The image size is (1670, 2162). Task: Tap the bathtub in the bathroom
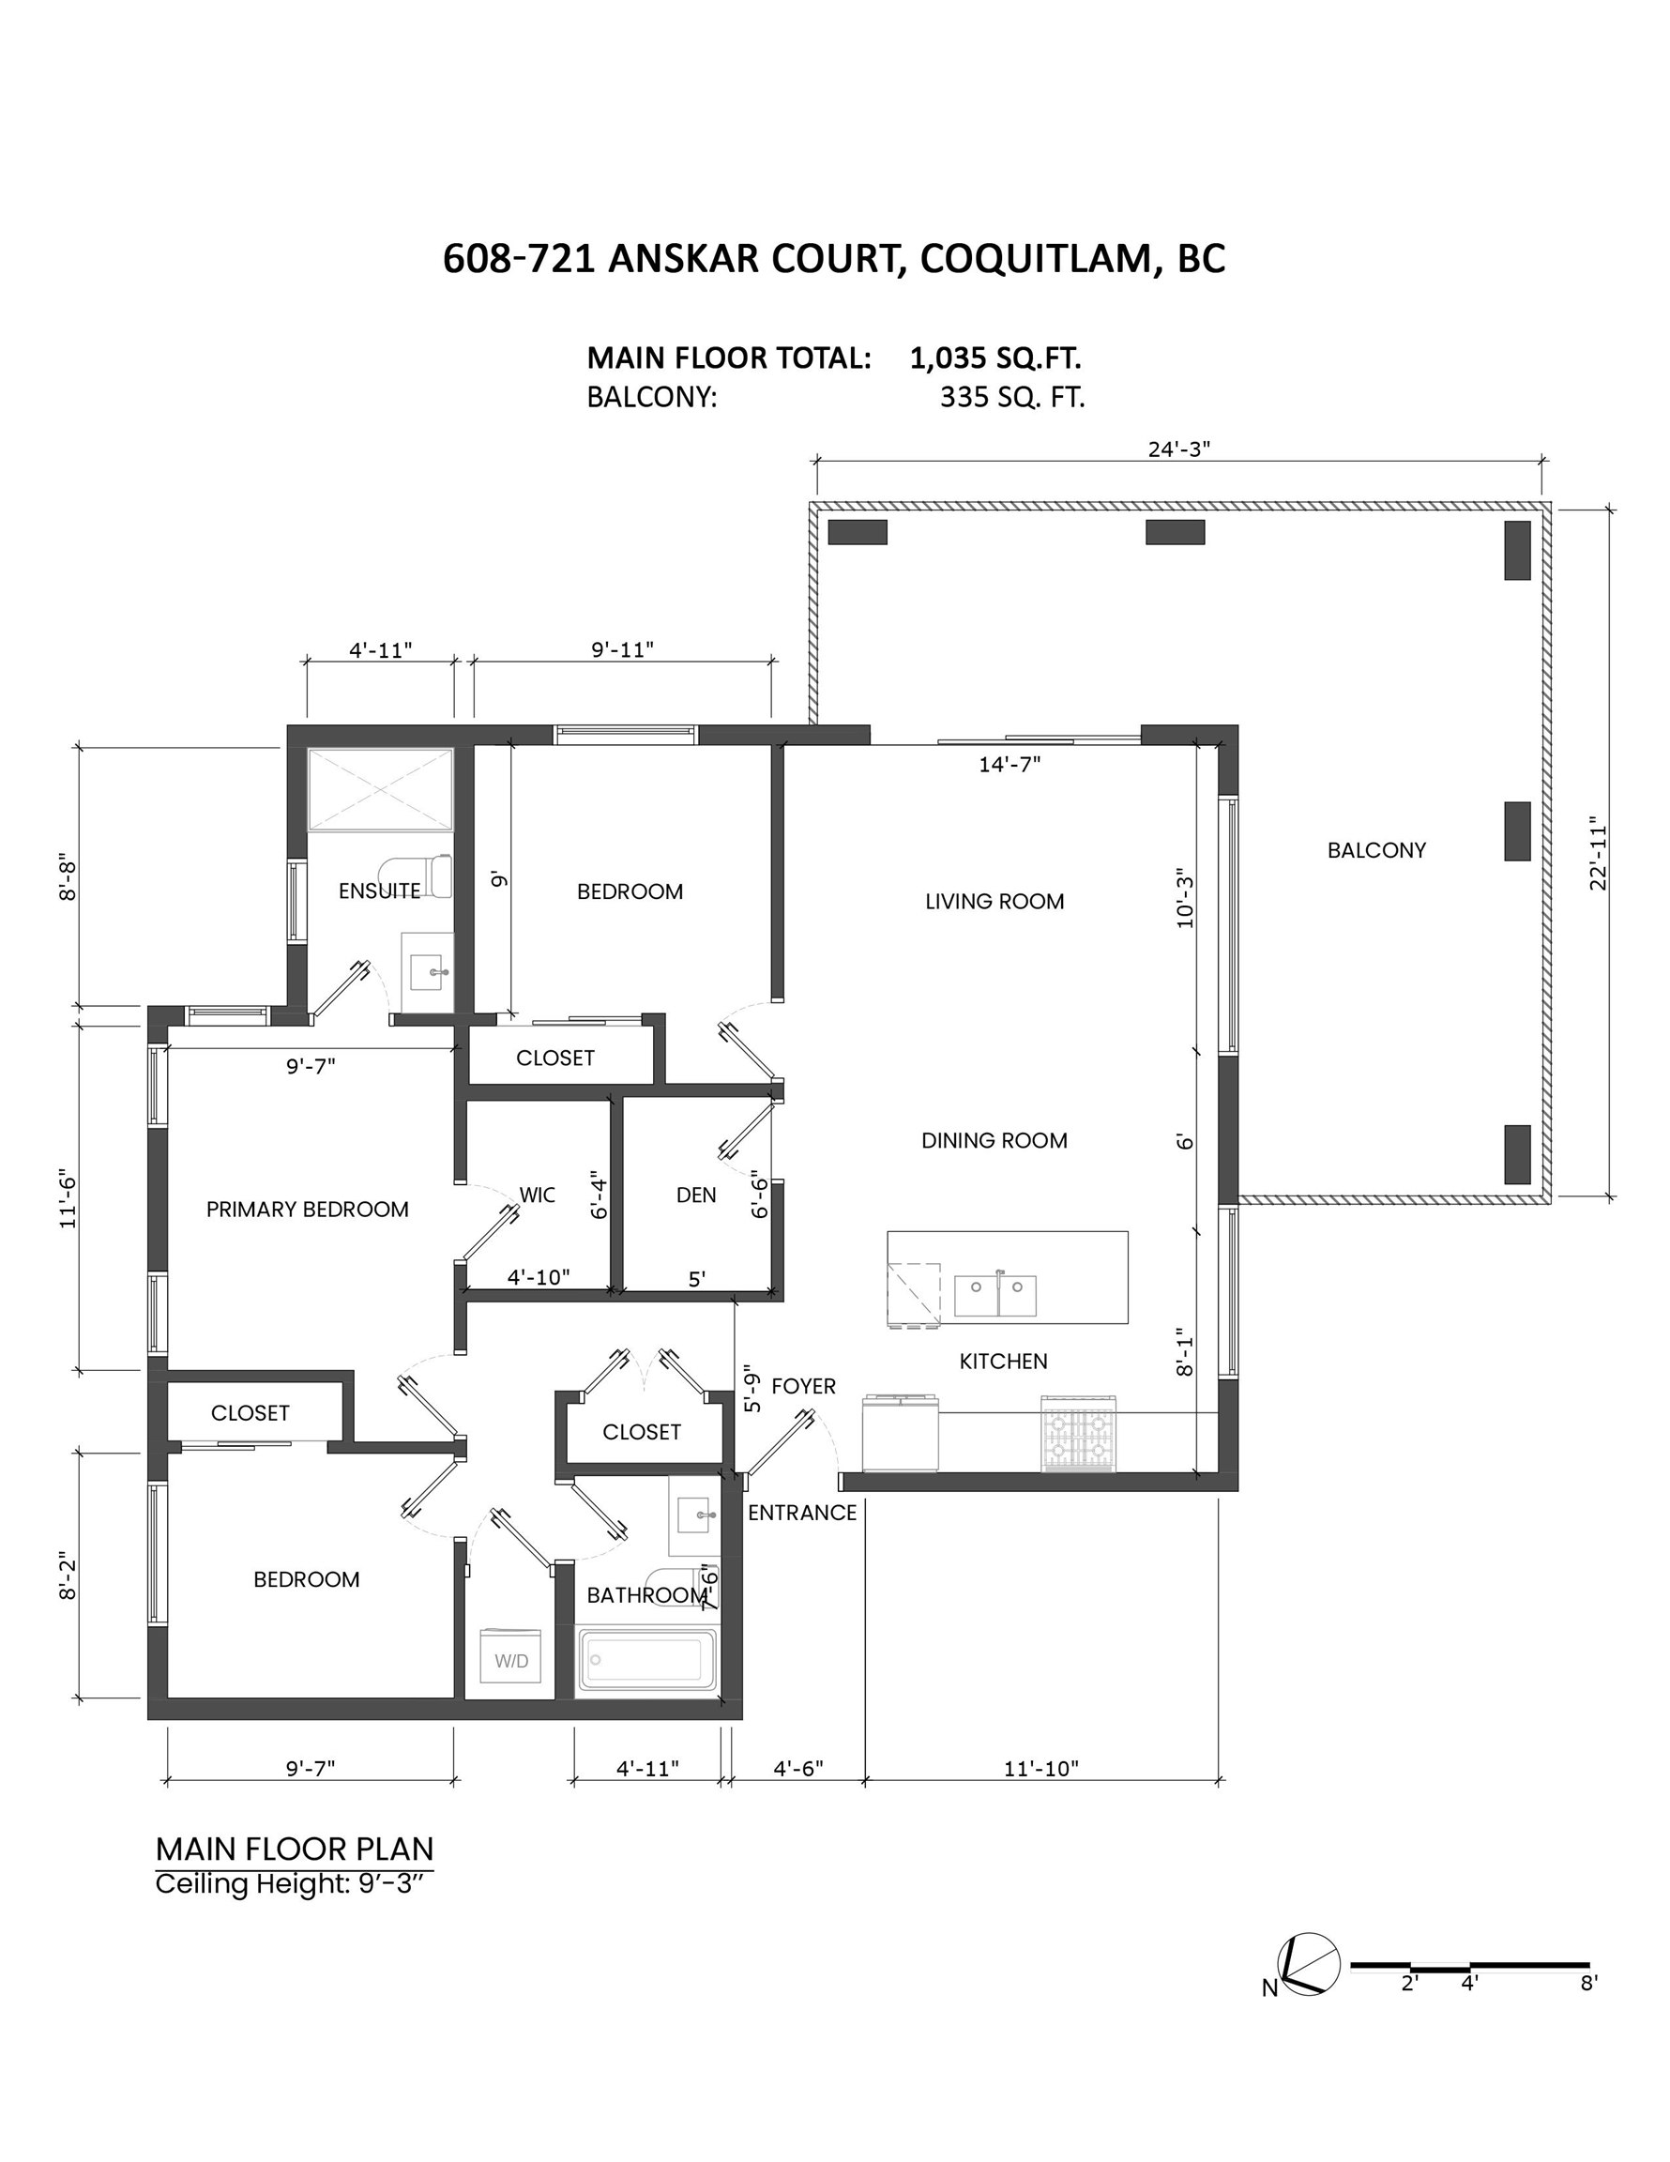(x=649, y=1659)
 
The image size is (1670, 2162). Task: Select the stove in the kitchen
(x=1078, y=1433)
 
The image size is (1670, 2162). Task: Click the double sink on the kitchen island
(x=995, y=1296)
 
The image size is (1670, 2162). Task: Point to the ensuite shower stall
(x=380, y=789)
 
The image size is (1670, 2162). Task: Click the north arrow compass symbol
(x=1307, y=1962)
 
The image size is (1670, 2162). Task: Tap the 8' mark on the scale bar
(x=1588, y=1983)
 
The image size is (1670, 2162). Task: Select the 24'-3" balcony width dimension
(x=1179, y=449)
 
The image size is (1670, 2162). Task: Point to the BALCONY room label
(x=1376, y=849)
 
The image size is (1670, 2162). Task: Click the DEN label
(x=696, y=1195)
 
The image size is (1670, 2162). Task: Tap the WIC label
(x=538, y=1195)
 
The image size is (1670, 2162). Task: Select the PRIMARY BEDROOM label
(x=307, y=1209)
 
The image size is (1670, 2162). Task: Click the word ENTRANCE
(x=802, y=1513)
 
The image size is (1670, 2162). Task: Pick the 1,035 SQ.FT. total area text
(x=994, y=358)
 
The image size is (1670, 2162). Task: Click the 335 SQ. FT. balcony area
(x=1012, y=397)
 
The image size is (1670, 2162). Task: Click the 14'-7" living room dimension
(x=1010, y=764)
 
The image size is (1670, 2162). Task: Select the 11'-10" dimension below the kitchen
(x=1041, y=1768)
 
